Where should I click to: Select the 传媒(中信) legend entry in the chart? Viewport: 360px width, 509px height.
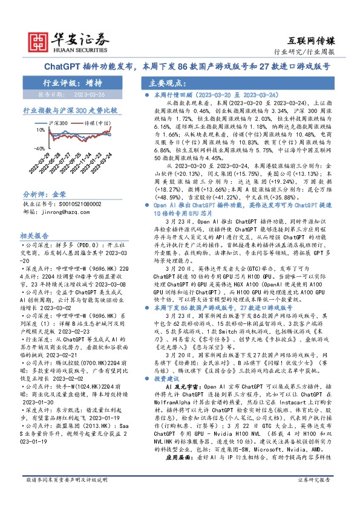click(96, 124)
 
